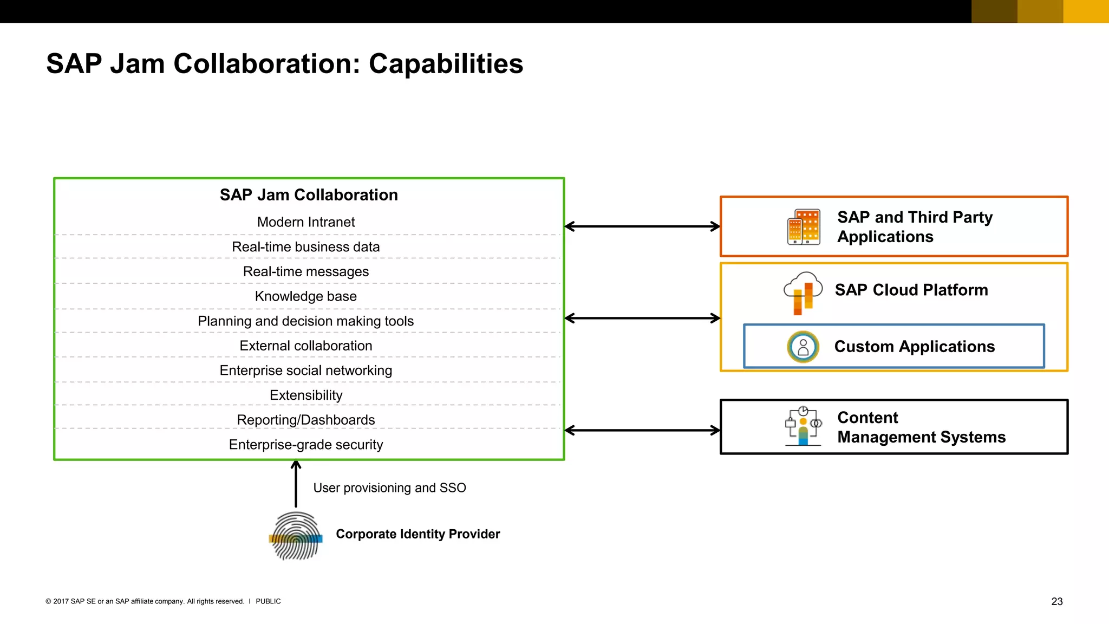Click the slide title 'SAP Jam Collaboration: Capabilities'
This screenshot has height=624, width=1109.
(x=284, y=64)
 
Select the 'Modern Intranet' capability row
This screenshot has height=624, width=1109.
(x=306, y=222)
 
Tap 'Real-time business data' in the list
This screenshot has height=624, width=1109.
(x=306, y=247)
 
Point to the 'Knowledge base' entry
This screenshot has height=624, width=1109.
(x=306, y=296)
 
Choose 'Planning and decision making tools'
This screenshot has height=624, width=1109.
(x=306, y=321)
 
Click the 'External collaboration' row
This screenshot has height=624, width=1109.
(x=306, y=346)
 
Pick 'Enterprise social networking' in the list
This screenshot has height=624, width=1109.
(x=306, y=370)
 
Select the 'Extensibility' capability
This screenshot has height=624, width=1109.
(x=306, y=395)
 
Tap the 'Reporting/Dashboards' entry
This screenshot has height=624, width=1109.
(x=306, y=420)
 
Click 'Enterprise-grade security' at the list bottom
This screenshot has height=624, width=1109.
(x=306, y=445)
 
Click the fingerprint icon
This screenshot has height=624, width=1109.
(x=296, y=536)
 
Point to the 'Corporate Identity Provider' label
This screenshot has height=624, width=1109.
(x=417, y=534)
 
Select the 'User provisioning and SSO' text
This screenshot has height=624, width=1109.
(x=389, y=488)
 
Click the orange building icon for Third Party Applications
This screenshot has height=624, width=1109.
(x=804, y=227)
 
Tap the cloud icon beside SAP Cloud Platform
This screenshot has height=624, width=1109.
(x=803, y=292)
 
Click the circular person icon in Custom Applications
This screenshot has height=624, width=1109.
(x=803, y=347)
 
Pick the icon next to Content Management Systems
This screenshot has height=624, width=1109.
(x=803, y=426)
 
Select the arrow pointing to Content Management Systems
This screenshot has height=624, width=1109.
(x=642, y=431)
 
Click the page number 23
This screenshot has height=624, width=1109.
(x=1056, y=601)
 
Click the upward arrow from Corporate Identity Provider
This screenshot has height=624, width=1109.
(x=296, y=484)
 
